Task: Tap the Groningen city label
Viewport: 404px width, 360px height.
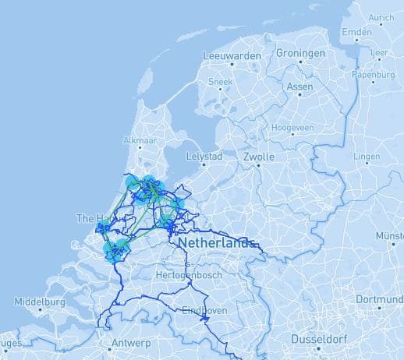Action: (x=300, y=54)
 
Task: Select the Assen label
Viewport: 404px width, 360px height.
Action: (x=299, y=86)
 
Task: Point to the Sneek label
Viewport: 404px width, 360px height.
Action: (x=221, y=81)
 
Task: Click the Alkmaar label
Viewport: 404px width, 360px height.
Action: (x=140, y=141)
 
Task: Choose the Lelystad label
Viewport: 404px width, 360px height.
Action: (x=204, y=157)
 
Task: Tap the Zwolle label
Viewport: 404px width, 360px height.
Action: (x=258, y=157)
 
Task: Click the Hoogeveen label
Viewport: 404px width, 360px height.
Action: (x=292, y=126)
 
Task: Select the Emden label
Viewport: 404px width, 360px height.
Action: (x=356, y=33)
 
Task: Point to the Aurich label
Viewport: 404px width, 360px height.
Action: (x=381, y=17)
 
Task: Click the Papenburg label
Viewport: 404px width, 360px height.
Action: (x=373, y=75)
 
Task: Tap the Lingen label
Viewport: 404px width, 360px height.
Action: (x=367, y=157)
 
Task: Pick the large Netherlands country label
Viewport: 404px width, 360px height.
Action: (x=216, y=243)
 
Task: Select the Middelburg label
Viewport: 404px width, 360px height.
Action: (x=39, y=301)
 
